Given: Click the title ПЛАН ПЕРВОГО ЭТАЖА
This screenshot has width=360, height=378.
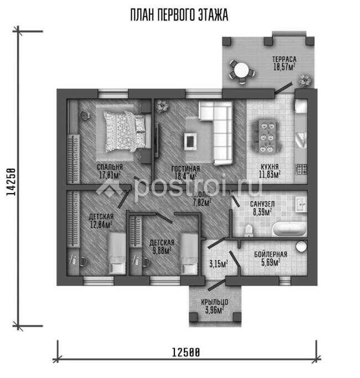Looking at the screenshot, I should (x=179, y=15).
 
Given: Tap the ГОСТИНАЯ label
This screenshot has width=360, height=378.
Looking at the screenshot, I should (x=186, y=168).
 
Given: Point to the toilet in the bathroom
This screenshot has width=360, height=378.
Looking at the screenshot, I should (x=249, y=229).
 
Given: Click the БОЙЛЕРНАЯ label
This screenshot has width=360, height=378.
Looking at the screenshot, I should (x=270, y=254).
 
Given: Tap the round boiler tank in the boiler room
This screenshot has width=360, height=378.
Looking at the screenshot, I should (x=301, y=246).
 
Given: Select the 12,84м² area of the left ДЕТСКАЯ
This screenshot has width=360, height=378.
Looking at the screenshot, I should (x=101, y=224).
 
